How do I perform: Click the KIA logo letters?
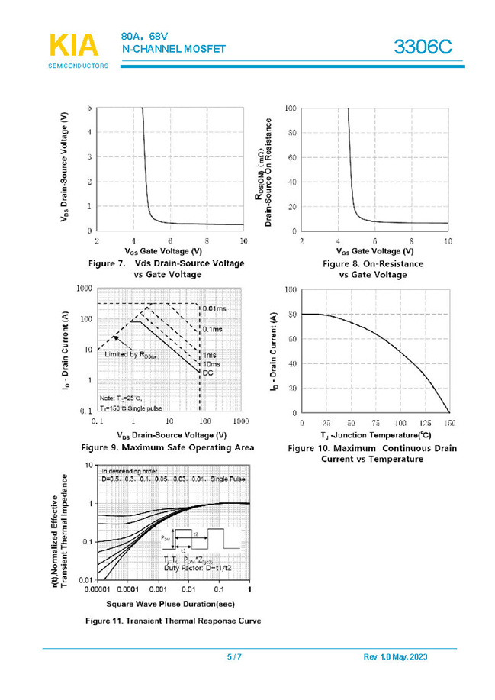[73, 47]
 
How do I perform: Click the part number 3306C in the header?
[423, 49]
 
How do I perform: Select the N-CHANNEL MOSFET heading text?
[174, 49]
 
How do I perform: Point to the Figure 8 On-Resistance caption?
[372, 269]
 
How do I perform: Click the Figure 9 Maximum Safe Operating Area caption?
[167, 447]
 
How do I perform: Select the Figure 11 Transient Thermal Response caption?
[173, 621]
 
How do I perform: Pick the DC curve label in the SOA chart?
[208, 373]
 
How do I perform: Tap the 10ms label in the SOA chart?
[212, 364]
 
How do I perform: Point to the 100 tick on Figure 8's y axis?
[290, 108]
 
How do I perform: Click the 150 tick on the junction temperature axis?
[450, 422]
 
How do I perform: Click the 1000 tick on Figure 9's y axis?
[83, 289]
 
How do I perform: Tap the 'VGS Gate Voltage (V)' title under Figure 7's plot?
[163, 250]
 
